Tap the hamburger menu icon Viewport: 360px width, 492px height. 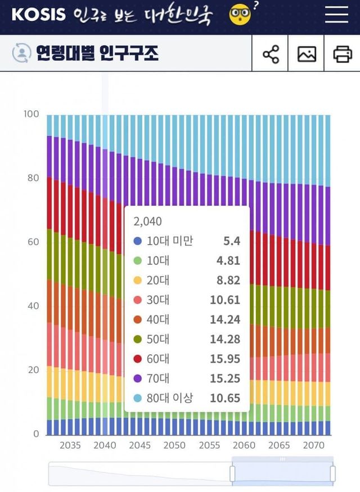point(336,15)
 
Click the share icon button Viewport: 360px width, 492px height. point(271,54)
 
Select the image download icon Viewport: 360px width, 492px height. point(307,54)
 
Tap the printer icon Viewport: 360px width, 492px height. point(342,54)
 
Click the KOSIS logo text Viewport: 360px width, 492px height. point(38,15)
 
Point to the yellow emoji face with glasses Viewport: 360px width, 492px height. point(240,15)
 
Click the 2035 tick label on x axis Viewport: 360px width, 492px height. point(70,445)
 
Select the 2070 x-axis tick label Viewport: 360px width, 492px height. point(314,445)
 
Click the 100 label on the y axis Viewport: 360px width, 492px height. point(31,114)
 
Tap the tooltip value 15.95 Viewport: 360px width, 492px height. point(225,359)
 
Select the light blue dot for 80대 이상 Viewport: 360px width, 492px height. point(137,398)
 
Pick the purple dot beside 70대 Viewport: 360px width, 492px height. point(137,378)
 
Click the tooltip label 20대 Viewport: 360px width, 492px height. point(158,280)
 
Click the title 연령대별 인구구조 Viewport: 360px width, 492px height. point(97,54)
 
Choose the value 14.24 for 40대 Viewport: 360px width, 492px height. point(225,319)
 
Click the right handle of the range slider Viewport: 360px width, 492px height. point(332,473)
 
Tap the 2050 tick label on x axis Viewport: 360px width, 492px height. point(174,445)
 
